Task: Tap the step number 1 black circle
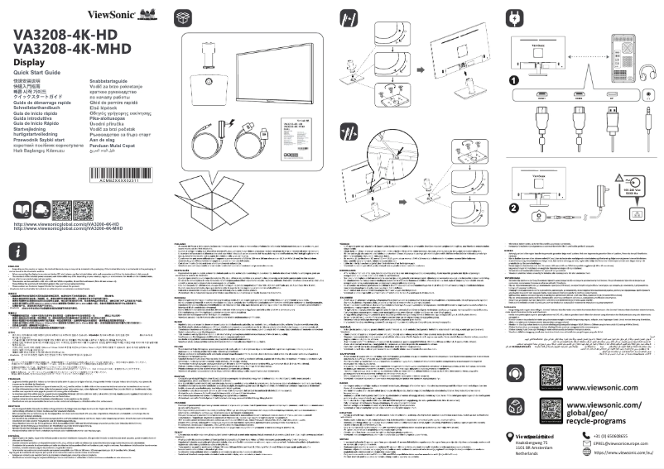click(513, 81)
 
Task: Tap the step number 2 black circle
click(513, 208)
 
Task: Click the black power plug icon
click(514, 17)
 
